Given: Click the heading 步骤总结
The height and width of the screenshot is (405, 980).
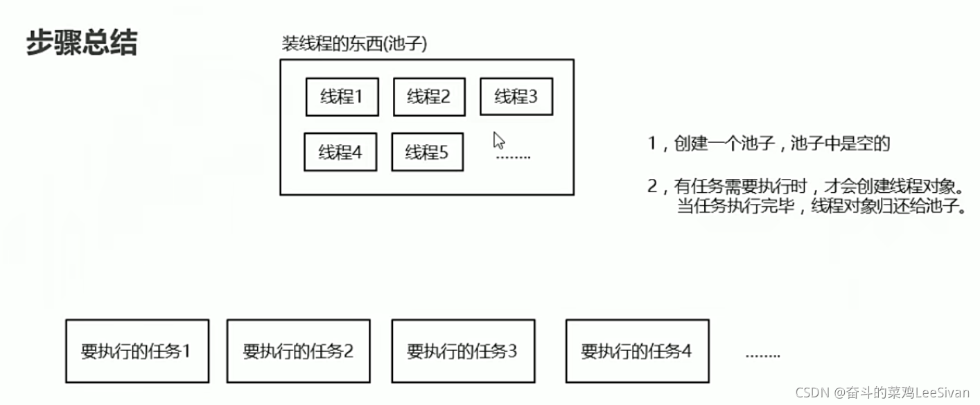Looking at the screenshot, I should click(82, 43).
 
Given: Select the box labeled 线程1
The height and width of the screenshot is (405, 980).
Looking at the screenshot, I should click(342, 97).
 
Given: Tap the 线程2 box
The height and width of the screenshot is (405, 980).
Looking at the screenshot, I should click(429, 97).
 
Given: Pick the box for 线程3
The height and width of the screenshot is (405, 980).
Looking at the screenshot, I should click(516, 97).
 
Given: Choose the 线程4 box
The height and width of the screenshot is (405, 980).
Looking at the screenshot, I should click(340, 152).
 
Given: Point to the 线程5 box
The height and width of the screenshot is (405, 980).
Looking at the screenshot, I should click(427, 152).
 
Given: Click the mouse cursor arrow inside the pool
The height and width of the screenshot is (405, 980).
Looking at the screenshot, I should click(498, 140).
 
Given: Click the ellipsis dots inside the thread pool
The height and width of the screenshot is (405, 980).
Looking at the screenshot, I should click(514, 157).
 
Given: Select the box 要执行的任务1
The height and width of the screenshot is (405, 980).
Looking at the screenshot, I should click(137, 351).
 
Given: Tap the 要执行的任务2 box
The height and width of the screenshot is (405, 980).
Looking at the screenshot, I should click(298, 351).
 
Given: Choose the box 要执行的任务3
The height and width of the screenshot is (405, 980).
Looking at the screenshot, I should click(462, 351).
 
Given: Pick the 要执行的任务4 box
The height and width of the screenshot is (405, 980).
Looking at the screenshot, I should click(637, 351).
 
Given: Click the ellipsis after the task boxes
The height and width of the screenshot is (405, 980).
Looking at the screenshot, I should click(762, 355).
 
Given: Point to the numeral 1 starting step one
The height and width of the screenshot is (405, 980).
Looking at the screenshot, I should click(651, 144).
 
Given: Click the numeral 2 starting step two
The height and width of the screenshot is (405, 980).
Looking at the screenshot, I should click(651, 186).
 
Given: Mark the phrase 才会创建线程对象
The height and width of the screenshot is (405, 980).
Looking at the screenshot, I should click(897, 186).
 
